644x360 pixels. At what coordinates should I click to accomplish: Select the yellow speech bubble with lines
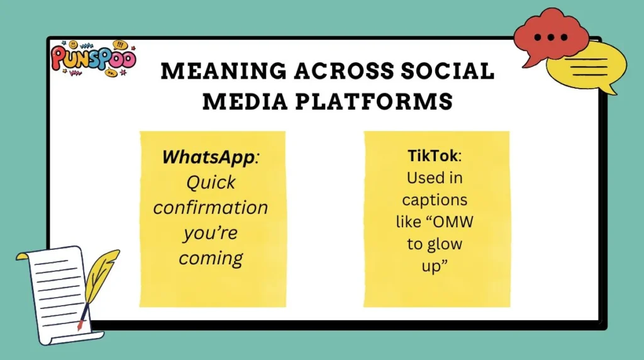(x=585, y=67)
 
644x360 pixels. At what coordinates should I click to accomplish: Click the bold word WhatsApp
(x=208, y=157)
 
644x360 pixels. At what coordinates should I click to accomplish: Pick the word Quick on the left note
(x=211, y=183)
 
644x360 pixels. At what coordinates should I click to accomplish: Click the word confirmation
(x=211, y=207)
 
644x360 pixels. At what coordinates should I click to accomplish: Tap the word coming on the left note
(x=211, y=258)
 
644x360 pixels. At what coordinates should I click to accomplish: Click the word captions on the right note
(x=435, y=200)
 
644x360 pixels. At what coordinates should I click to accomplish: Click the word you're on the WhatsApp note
(x=211, y=233)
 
